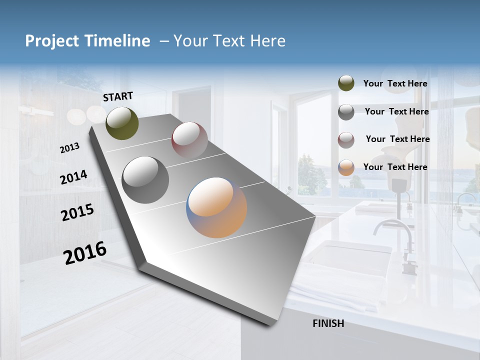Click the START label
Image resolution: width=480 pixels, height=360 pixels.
[118, 96]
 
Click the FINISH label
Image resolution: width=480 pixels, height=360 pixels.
[328, 323]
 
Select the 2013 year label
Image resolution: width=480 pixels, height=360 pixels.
[69, 148]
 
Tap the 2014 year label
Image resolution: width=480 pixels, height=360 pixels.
[73, 177]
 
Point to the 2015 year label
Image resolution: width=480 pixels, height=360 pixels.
[77, 212]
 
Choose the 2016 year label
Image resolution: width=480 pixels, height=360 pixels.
[85, 253]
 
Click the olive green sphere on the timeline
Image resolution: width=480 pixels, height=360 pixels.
[122, 123]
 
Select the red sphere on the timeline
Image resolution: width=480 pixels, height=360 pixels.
[189, 140]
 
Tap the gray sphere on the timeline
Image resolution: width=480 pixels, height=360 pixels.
[145, 179]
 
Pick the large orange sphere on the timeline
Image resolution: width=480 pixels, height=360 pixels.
[216, 207]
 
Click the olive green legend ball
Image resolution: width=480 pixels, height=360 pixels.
[346, 83]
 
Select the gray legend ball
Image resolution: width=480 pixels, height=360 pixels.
[346, 112]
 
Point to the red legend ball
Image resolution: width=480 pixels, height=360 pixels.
[346, 140]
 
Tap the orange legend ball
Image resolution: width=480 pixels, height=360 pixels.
[346, 167]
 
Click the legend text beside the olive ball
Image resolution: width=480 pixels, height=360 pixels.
[395, 83]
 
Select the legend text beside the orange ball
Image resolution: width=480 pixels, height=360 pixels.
[395, 167]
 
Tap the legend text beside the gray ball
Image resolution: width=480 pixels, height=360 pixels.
[396, 111]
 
